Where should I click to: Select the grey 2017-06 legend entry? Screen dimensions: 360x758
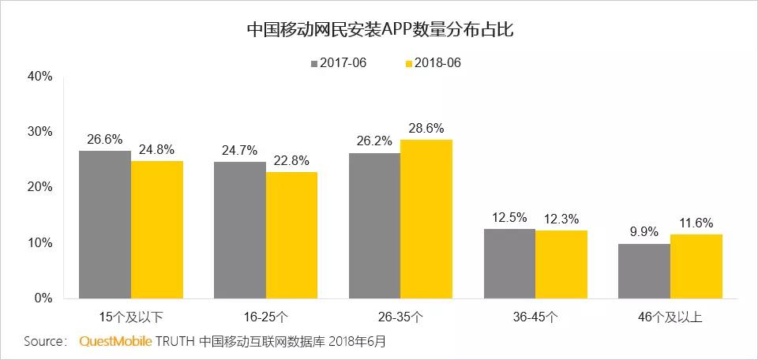tap(338, 63)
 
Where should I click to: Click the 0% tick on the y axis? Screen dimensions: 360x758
tap(43, 298)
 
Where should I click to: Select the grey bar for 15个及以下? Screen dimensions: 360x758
tap(105, 224)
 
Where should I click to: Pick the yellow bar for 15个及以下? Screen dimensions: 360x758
tap(157, 230)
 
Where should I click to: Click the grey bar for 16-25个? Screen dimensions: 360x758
tap(239, 230)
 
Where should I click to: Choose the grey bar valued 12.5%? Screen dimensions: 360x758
tap(509, 264)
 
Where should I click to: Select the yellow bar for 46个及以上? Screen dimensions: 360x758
tap(696, 266)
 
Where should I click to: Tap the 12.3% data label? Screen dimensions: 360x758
tap(561, 217)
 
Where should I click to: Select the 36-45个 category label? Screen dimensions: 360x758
tap(535, 317)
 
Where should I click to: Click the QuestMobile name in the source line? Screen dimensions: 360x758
tap(115, 343)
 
